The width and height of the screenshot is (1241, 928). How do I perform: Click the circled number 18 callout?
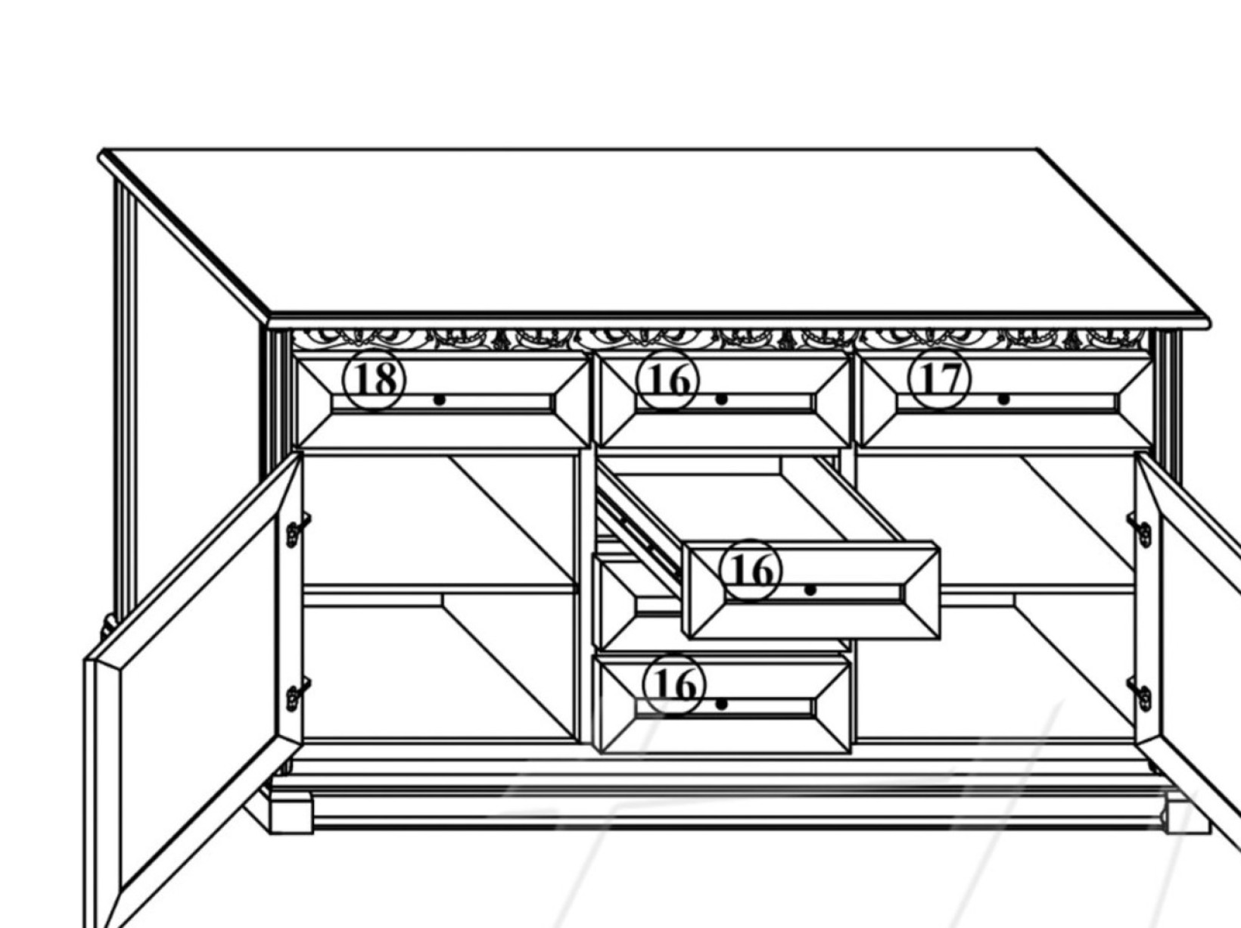[375, 379]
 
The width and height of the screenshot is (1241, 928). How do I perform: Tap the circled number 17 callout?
[940, 378]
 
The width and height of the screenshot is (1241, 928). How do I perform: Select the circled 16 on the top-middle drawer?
[668, 378]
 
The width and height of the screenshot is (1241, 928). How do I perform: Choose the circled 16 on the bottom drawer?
[675, 685]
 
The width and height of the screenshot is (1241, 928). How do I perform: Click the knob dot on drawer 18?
[440, 400]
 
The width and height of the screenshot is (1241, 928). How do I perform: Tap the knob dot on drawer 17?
[1003, 399]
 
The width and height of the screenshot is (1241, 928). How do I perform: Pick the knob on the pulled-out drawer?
[810, 590]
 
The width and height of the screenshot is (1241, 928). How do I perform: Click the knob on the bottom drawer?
[721, 705]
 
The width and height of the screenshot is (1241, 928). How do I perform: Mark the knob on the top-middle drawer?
[721, 399]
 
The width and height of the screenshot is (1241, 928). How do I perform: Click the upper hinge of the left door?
[297, 530]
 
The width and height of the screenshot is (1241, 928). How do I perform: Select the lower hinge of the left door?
[297, 694]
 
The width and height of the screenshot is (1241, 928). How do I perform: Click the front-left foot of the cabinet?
[291, 813]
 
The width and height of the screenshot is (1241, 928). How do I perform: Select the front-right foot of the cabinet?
[1187, 813]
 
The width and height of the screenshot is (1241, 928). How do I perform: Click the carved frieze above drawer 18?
[434, 339]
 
